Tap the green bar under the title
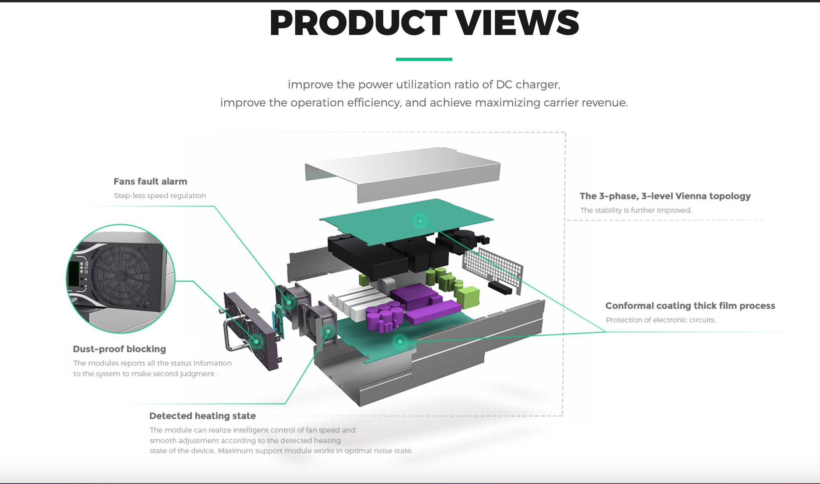pyautogui.click(x=424, y=59)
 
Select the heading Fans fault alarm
pyautogui.click(x=150, y=181)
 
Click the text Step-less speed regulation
pyautogui.click(x=159, y=196)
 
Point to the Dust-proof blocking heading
pyautogui.click(x=119, y=349)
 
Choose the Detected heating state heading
pyautogui.click(x=202, y=416)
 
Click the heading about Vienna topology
pyautogui.click(x=665, y=196)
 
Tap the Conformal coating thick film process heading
pyautogui.click(x=690, y=306)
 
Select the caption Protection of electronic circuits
pyautogui.click(x=661, y=320)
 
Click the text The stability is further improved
pyautogui.click(x=635, y=210)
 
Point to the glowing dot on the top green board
pyautogui.click(x=420, y=221)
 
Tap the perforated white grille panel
pyautogui.click(x=493, y=267)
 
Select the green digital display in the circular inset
pyautogui.click(x=74, y=273)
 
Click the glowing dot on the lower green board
pyautogui.click(x=400, y=341)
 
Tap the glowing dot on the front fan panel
pyautogui.click(x=256, y=341)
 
